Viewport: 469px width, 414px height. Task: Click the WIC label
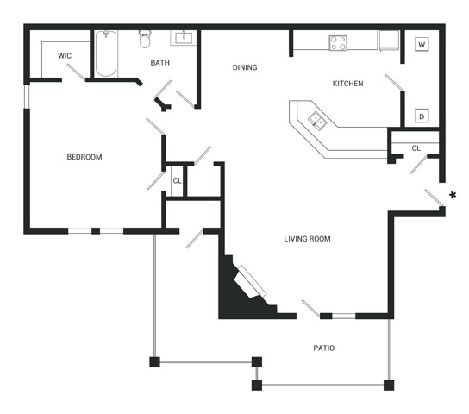click(x=65, y=56)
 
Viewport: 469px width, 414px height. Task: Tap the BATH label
click(x=160, y=63)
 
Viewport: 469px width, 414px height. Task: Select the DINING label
click(x=245, y=67)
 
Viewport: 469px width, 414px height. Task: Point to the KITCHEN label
click(x=347, y=84)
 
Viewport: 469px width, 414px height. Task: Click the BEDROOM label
click(x=84, y=157)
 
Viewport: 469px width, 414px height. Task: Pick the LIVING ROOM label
click(x=307, y=239)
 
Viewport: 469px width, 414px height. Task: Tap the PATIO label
click(x=324, y=348)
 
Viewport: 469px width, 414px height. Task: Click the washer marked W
click(x=422, y=45)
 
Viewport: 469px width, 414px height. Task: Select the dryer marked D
click(x=422, y=116)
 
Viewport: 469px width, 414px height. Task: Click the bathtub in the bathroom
click(x=106, y=53)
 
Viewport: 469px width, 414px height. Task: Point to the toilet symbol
click(x=145, y=39)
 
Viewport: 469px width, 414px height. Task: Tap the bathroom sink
click(x=184, y=38)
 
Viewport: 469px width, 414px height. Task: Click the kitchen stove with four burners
click(x=338, y=43)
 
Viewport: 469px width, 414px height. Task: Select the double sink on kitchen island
click(x=317, y=120)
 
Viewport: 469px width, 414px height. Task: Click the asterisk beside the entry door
click(x=453, y=195)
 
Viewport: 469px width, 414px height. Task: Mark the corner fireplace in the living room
click(x=247, y=287)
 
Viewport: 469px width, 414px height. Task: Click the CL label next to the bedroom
click(x=177, y=181)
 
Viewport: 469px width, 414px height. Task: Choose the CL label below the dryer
click(x=416, y=148)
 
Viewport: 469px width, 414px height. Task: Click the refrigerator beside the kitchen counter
click(x=390, y=41)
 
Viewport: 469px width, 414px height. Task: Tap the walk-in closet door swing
click(x=76, y=72)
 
